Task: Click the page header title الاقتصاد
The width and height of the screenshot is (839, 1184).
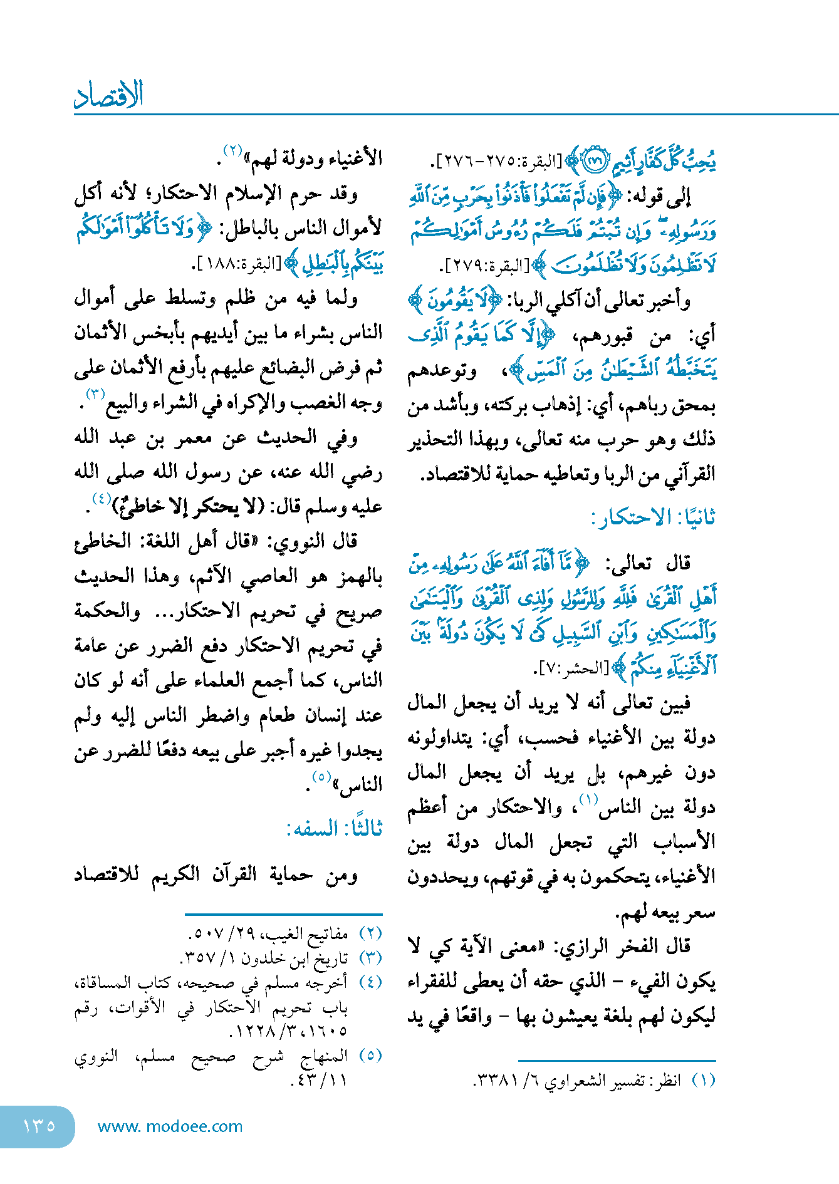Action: (109, 96)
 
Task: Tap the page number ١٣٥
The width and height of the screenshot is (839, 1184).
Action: (39, 1126)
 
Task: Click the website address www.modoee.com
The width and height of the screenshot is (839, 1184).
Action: (170, 1126)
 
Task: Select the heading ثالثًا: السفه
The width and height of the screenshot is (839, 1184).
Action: (334, 829)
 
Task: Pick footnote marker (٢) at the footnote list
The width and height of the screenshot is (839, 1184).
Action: (370, 933)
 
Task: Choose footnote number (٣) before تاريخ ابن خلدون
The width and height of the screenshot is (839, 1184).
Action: (370, 958)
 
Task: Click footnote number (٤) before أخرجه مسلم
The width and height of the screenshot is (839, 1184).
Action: (370, 982)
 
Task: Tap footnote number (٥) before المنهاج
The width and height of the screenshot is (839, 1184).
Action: (370, 1055)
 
